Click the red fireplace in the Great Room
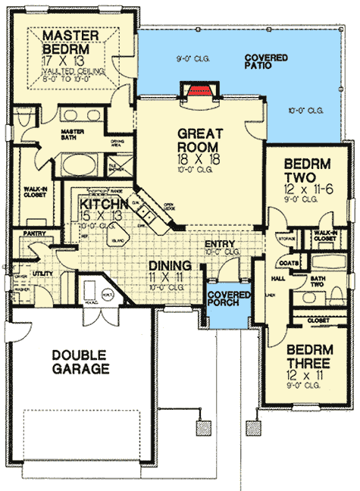(x=199, y=90)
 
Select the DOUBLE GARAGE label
(x=81, y=362)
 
